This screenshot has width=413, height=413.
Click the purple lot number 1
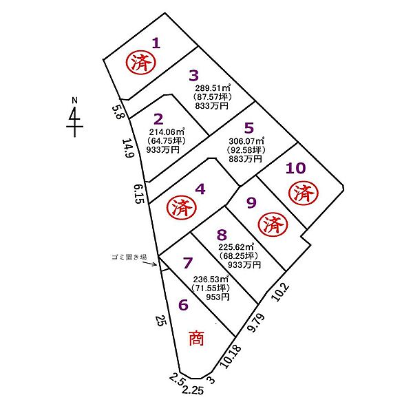156,43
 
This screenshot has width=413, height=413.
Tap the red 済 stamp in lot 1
141,63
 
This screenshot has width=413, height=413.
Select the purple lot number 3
194,76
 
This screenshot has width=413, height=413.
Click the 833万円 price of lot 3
212,106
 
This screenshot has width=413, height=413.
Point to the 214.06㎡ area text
167,131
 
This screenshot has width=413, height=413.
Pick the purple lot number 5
249,128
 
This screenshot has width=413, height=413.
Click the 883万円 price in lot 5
245,159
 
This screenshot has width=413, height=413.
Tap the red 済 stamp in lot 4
182,209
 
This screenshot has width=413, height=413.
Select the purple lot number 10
295,168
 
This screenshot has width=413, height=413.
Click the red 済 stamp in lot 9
273,226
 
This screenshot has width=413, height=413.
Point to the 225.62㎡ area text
236,247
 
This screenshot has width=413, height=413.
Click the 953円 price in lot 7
218,297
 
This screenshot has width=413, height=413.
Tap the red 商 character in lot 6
196,338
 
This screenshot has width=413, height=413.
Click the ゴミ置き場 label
129,257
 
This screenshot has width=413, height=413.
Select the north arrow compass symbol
75,118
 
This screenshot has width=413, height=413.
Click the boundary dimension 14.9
128,148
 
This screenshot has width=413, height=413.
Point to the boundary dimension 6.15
139,193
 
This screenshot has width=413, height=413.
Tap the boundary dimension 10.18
230,357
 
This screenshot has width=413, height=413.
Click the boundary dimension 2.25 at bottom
193,390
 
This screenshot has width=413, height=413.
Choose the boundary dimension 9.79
256,323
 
